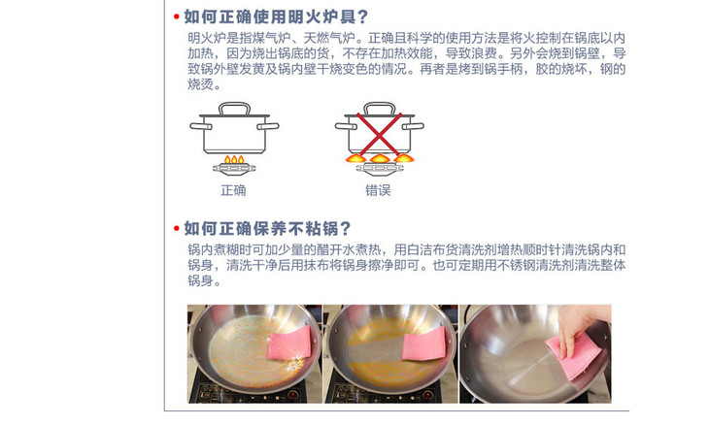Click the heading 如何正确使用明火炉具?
point(276,16)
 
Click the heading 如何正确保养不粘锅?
point(267,229)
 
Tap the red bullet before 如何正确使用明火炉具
point(177,17)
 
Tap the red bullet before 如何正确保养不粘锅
point(177,229)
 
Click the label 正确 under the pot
point(233,190)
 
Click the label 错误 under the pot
point(378,190)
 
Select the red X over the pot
point(379,134)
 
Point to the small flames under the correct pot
point(234,159)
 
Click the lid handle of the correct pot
point(234,108)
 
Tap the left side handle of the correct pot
point(200,126)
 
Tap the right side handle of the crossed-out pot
point(413,126)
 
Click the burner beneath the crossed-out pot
point(380,170)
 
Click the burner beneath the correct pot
point(234,170)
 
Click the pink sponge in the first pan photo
point(289,343)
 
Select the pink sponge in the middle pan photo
point(423,343)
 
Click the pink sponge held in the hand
point(574,357)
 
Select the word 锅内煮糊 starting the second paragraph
point(214,249)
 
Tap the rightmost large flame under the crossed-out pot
point(404,157)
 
